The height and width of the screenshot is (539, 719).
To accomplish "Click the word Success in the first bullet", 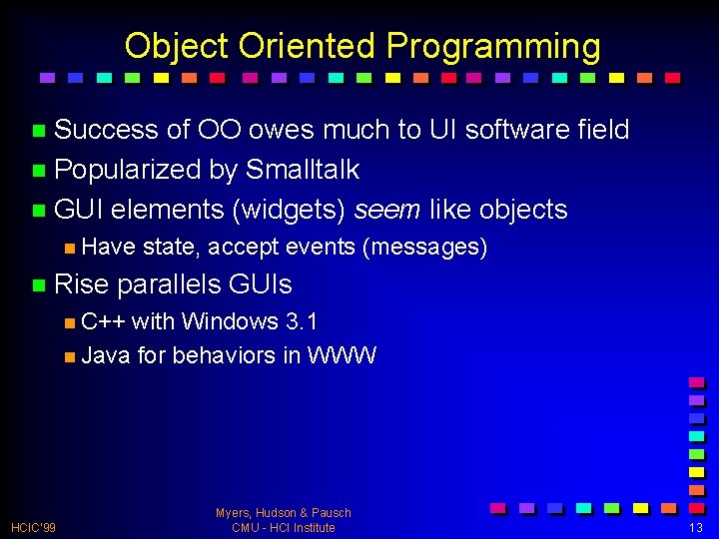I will tap(106, 130).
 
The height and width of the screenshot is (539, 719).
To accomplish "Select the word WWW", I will tap(342, 355).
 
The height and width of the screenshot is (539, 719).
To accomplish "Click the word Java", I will tap(105, 355).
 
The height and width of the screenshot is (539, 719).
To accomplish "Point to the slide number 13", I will tap(695, 527).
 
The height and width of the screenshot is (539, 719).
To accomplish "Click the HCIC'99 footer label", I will tap(33, 527).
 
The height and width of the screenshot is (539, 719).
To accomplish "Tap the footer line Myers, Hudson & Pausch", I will tap(283, 512).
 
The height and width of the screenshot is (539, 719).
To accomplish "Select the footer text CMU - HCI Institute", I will tap(283, 527).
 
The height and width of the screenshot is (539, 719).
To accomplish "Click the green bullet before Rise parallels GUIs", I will tap(38, 285).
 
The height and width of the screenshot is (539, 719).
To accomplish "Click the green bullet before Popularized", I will tap(38, 171).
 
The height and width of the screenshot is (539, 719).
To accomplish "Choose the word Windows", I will tap(230, 321).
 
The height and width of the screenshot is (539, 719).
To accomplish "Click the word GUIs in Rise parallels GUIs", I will tap(261, 284).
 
